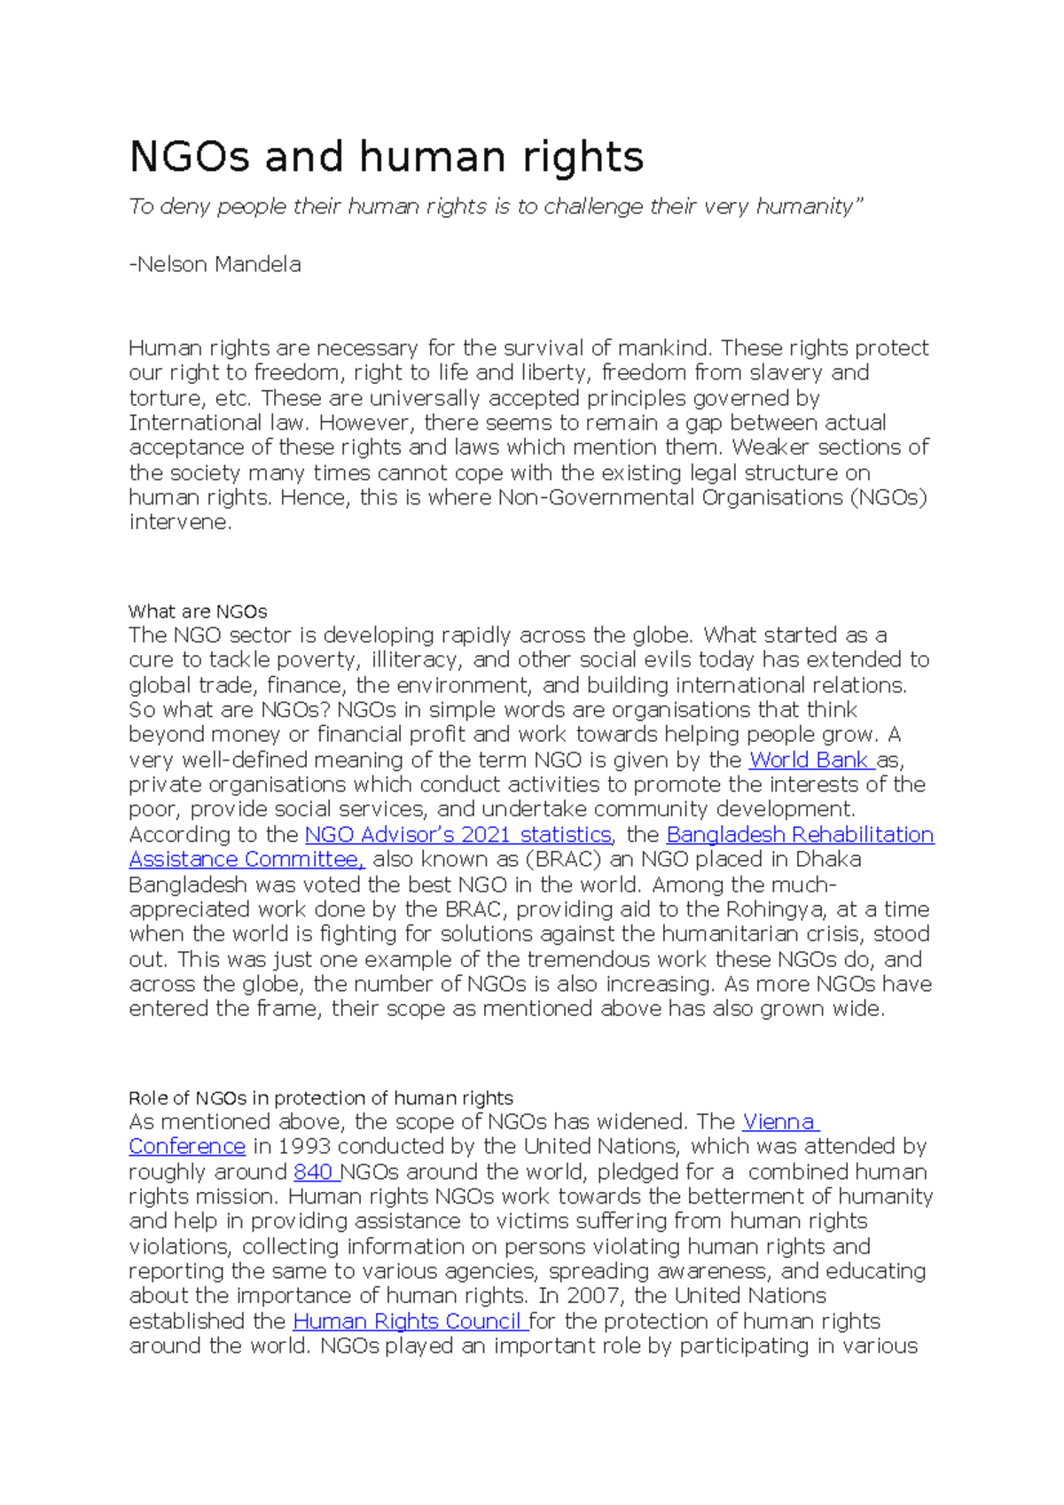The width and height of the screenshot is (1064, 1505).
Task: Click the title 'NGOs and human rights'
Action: tap(386, 158)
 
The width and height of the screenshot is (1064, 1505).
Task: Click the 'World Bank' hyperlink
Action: tap(808, 760)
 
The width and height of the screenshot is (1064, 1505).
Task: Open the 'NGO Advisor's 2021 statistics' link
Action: tap(458, 835)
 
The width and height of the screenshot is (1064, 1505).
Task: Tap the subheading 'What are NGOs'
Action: tap(198, 612)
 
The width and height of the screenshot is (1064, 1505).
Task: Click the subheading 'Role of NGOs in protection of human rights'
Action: tap(320, 1098)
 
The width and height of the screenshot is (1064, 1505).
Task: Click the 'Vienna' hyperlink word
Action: tap(778, 1122)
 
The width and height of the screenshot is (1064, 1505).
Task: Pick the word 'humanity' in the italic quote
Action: tap(809, 207)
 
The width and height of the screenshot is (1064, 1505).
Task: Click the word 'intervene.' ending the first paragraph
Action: tap(180, 523)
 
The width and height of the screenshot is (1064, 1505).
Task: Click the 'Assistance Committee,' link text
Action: tap(246, 860)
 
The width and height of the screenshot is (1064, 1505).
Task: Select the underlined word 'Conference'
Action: tap(187, 1147)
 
